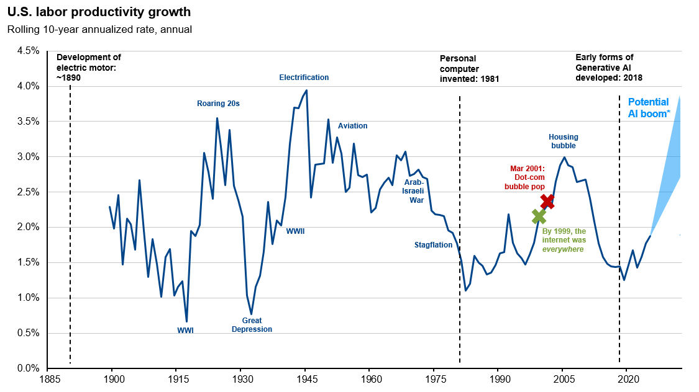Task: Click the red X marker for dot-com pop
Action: (547, 201)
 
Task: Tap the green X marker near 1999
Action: (539, 216)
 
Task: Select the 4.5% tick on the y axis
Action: (28, 51)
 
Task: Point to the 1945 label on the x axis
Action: (307, 379)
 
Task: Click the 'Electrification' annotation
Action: (304, 78)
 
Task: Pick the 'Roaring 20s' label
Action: (219, 103)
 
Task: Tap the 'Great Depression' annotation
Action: (252, 325)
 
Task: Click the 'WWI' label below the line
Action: (185, 331)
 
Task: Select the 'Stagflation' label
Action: (433, 245)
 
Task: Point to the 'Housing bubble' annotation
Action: (564, 141)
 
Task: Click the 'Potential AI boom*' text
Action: (649, 108)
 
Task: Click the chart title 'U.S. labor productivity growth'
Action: (99, 12)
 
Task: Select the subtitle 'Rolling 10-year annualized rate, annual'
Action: (100, 29)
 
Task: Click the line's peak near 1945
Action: (306, 91)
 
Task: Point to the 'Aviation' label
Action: (353, 126)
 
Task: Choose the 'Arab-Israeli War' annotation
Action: (414, 191)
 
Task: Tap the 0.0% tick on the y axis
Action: (28, 368)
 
